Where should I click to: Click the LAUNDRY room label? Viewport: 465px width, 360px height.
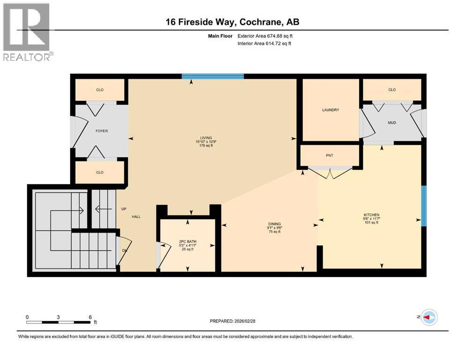coord(330,110)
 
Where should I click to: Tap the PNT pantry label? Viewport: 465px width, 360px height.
coord(330,155)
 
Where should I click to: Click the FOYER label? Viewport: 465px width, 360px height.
coord(102,131)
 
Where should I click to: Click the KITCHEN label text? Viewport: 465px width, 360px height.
coord(370,215)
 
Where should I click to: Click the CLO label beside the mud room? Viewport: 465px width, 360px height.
coord(392,90)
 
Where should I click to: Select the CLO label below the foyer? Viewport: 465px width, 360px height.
coord(100,172)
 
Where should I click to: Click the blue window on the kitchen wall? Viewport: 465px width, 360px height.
coord(424,206)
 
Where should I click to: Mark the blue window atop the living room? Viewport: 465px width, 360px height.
coord(213,76)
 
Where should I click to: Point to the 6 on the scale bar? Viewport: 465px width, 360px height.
coord(90,317)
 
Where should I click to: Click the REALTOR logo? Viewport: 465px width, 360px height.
coord(27,32)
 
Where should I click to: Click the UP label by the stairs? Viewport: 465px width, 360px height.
coord(124,209)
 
